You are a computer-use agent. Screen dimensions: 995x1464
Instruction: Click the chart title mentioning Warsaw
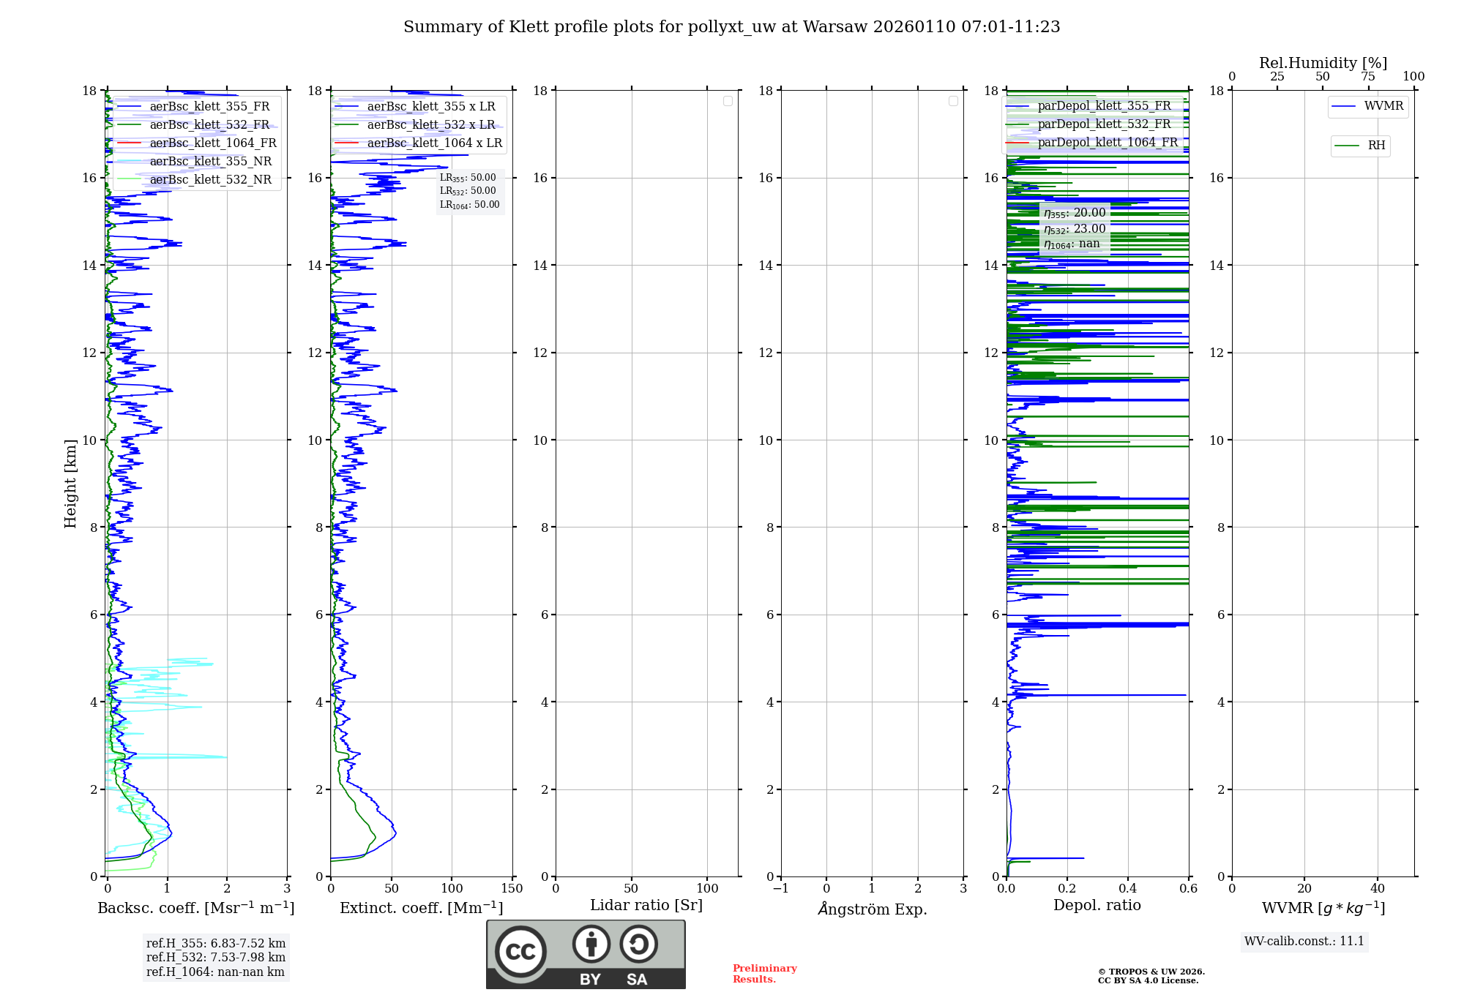[x=731, y=27]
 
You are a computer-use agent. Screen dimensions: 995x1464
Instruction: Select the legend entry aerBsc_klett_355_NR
[x=210, y=161]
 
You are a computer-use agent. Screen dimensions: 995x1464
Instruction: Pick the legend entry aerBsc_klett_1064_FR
[x=212, y=143]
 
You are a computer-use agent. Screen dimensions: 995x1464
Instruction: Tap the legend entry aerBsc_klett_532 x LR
[x=430, y=124]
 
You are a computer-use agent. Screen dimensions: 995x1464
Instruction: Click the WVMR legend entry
[x=1383, y=106]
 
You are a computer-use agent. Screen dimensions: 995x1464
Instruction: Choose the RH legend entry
[x=1375, y=146]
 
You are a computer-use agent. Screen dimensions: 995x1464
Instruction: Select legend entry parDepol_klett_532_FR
[x=1103, y=124]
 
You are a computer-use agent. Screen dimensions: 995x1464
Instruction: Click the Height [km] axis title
[x=70, y=484]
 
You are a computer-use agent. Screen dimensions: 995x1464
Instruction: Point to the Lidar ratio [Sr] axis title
[x=646, y=905]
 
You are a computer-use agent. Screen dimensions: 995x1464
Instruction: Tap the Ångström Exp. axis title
[x=872, y=909]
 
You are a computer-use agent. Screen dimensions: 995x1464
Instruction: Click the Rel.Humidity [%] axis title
[x=1323, y=63]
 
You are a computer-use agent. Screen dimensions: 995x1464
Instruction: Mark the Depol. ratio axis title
[x=1097, y=905]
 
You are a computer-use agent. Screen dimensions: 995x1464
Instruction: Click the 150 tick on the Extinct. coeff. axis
[x=512, y=889]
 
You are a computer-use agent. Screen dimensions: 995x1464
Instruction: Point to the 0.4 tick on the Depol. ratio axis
[x=1128, y=889]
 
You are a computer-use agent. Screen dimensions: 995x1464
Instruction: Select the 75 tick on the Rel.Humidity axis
[x=1367, y=77]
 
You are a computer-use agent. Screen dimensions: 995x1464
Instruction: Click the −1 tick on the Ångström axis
[x=781, y=889]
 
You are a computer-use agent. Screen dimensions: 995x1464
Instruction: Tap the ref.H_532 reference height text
[x=215, y=957]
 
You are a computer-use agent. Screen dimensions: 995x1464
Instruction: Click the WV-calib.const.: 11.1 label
[x=1304, y=941]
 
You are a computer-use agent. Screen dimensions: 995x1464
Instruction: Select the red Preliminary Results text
[x=764, y=974]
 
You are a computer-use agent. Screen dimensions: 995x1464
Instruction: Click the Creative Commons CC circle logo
[x=520, y=952]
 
